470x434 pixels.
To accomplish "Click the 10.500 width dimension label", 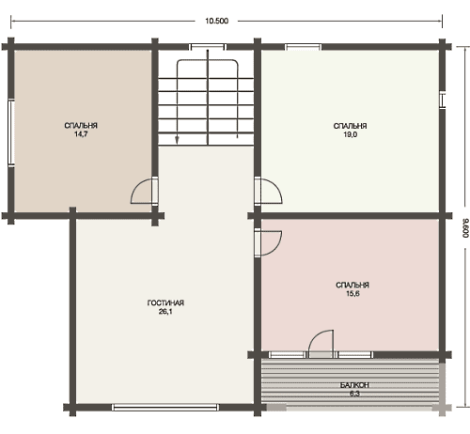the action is (216, 21).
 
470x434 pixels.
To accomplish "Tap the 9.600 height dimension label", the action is (465, 228).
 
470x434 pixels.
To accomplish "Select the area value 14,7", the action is (81, 134).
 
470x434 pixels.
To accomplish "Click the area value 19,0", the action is (350, 135).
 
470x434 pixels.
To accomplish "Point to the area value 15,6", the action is (352, 294).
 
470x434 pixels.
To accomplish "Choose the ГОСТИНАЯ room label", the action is (165, 302).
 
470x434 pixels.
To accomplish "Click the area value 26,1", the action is (165, 312).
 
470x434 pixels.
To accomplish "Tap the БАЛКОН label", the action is (354, 385).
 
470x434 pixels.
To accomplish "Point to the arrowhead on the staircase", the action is (177, 140).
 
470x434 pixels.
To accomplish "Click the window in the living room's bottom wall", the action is (165, 408).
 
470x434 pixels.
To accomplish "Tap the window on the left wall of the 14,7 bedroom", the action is (11, 132).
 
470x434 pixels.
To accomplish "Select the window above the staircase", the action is (208, 47).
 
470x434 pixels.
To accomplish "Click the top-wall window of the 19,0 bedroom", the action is (303, 47).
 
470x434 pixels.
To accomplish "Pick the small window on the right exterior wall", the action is (443, 101).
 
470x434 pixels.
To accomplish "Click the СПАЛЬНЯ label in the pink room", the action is (352, 285).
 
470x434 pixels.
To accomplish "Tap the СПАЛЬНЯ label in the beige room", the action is (81, 126).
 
